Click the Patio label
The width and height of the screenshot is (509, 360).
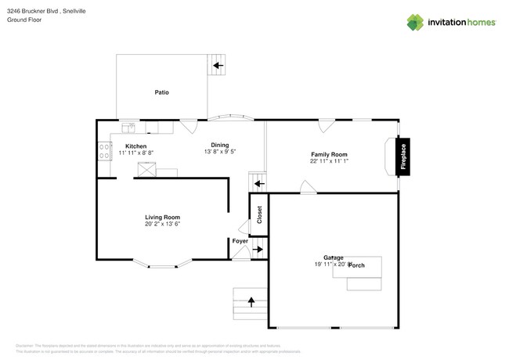coord(161,92)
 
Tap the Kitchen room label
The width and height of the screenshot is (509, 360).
coord(136,146)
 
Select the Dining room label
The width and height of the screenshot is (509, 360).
coord(220,144)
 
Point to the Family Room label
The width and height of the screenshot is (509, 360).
coord(329,155)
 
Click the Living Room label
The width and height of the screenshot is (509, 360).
coord(162,217)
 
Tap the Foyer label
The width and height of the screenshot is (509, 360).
coord(240,241)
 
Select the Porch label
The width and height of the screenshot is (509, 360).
coord(356,265)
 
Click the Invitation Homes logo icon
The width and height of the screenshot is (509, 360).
coord(416,22)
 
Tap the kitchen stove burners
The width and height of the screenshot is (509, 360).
coord(103,149)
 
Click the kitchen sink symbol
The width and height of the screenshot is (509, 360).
coord(129,127)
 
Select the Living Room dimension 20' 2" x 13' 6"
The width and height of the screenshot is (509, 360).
coord(162,225)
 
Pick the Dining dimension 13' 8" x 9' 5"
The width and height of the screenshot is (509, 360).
coord(220,151)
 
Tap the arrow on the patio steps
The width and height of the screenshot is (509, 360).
coord(218,65)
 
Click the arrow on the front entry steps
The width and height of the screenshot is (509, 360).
coord(251,300)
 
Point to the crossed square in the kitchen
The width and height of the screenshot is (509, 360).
coord(146,169)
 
